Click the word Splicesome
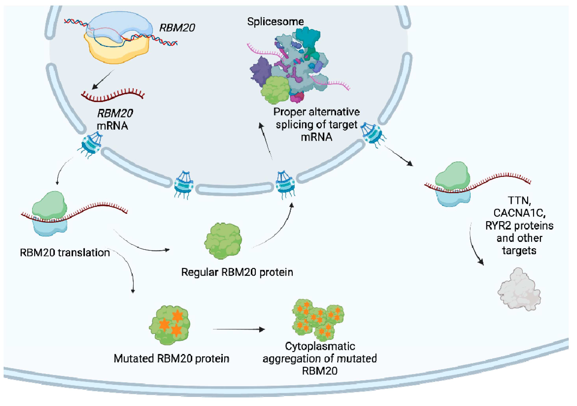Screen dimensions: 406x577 click(x=276, y=22)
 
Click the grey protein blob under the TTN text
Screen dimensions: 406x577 click(x=519, y=290)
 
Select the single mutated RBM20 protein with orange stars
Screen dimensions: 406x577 click(x=170, y=325)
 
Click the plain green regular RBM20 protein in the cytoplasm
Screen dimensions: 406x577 click(x=223, y=241)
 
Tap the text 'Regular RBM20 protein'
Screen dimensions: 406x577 click(x=237, y=272)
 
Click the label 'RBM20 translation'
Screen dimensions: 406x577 click(x=65, y=252)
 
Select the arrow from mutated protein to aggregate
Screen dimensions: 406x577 click(x=239, y=329)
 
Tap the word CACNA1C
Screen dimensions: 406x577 click(x=519, y=213)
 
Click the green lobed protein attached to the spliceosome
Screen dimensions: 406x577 click(x=276, y=90)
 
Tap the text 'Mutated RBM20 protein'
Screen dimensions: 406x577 click(x=171, y=359)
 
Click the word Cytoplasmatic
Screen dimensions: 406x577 click(x=320, y=346)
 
